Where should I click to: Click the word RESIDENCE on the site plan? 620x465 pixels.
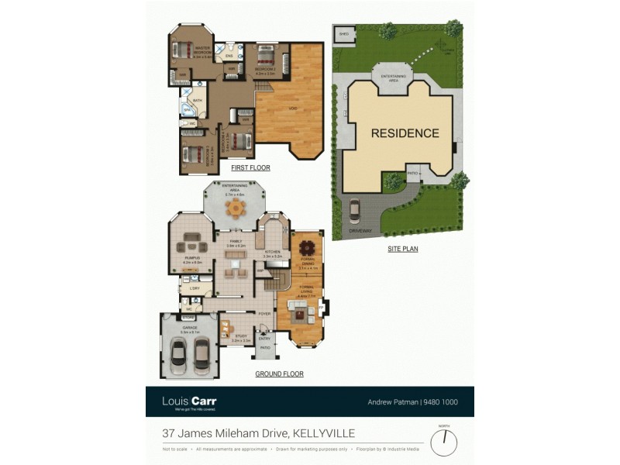(x=405, y=133)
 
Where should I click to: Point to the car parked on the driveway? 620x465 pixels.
(x=354, y=211)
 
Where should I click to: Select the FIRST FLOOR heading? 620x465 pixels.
(x=250, y=167)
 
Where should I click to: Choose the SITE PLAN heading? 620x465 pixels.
(x=403, y=250)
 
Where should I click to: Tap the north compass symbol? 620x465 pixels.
(x=444, y=443)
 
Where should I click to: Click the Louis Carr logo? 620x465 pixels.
(x=189, y=401)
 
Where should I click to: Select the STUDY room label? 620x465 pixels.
(x=240, y=336)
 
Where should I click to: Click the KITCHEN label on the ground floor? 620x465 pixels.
(x=272, y=252)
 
